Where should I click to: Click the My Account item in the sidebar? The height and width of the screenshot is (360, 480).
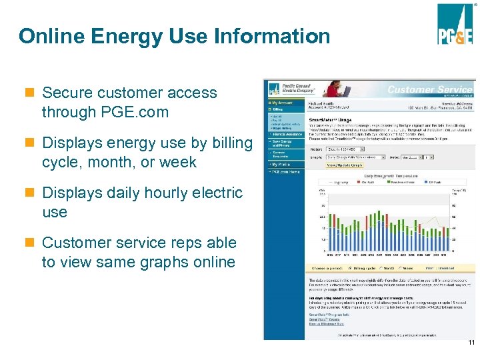pos(280,103)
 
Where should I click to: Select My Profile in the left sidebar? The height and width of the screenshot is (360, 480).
pos(281,163)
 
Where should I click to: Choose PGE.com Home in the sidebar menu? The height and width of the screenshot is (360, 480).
pos(284,171)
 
